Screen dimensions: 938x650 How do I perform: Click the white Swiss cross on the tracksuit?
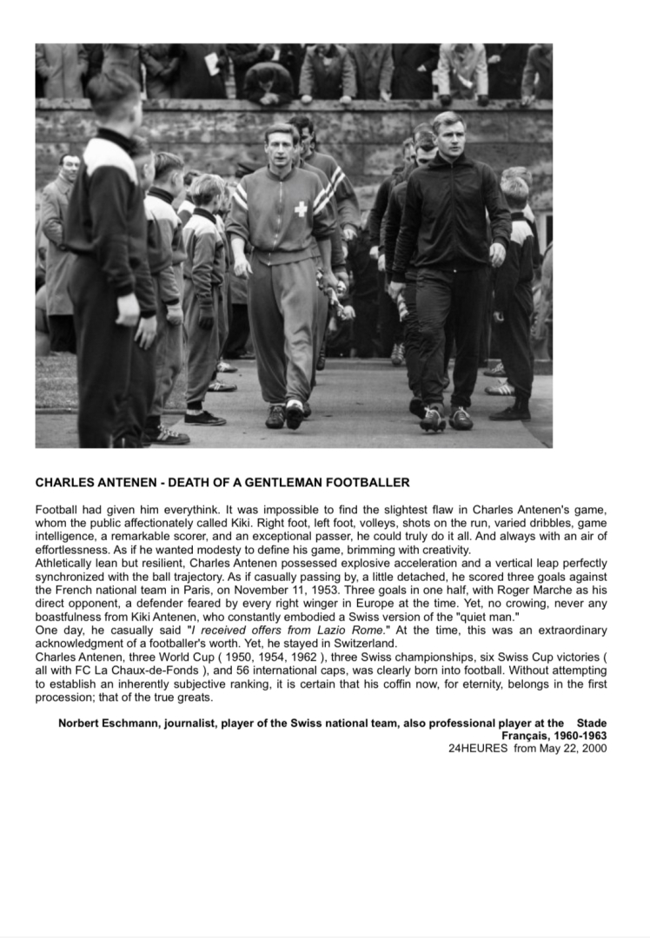pyautogui.click(x=300, y=209)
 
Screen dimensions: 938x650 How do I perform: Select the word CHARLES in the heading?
pyautogui.click(x=65, y=482)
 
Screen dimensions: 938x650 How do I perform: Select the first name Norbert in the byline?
pyautogui.click(x=81, y=723)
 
